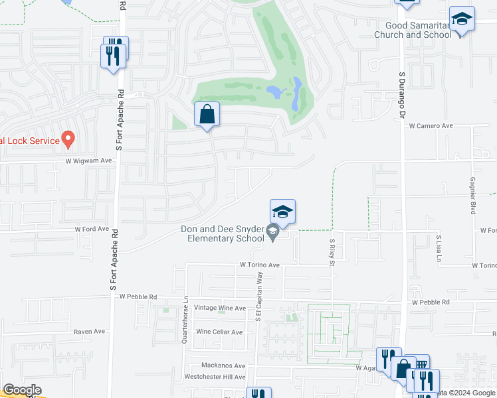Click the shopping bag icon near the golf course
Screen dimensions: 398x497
point(207,114)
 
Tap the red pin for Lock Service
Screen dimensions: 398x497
point(67,139)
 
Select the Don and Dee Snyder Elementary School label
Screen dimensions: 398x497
point(222,234)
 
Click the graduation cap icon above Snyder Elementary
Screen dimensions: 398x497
point(282,212)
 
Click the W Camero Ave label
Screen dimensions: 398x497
point(431,125)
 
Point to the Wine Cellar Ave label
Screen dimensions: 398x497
point(219,332)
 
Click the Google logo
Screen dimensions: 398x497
point(21,390)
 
